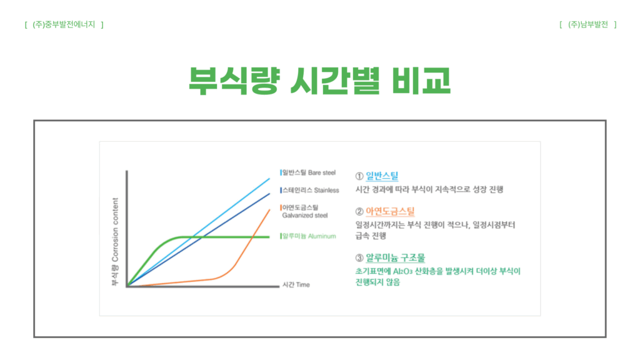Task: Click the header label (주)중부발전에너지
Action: (x=64, y=25)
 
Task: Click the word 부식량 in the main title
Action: (x=234, y=81)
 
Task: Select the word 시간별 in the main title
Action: (x=335, y=81)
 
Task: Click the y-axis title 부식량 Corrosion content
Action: (x=115, y=242)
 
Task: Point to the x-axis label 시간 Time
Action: (x=296, y=285)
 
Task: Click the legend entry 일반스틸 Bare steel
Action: (x=309, y=172)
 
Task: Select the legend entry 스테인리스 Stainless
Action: (x=310, y=190)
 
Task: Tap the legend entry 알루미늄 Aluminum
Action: (x=309, y=236)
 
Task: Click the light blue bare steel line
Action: (x=198, y=231)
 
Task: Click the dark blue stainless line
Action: (x=198, y=239)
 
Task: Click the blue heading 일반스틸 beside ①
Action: (x=382, y=176)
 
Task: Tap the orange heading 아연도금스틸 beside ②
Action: (x=390, y=211)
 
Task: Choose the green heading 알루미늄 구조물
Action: (x=395, y=258)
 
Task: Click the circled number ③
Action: (x=359, y=258)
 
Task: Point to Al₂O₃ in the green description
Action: (x=402, y=271)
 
